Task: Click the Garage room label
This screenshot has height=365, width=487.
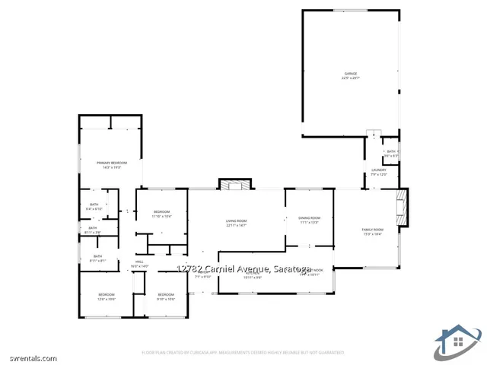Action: pyautogui.click(x=350, y=75)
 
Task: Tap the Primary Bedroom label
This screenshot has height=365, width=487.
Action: pyautogui.click(x=111, y=164)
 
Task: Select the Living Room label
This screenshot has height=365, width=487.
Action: pyautogui.click(x=236, y=223)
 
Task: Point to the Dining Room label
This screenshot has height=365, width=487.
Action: pyautogui.click(x=309, y=220)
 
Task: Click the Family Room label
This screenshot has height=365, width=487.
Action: pyautogui.click(x=372, y=231)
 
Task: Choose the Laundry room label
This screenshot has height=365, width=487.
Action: pyautogui.click(x=378, y=172)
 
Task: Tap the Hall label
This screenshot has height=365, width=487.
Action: pyautogui.click(x=139, y=263)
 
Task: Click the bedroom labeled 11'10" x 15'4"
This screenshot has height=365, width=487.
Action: pyautogui.click(x=161, y=214)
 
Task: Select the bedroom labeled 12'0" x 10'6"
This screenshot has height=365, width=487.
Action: pyautogui.click(x=106, y=296)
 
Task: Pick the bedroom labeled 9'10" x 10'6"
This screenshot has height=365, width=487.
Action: pyautogui.click(x=166, y=296)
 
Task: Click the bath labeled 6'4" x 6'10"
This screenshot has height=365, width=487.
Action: pyautogui.click(x=94, y=206)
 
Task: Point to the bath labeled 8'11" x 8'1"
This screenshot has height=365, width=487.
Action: pyautogui.click(x=97, y=258)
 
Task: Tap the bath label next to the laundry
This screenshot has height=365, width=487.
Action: pyautogui.click(x=390, y=153)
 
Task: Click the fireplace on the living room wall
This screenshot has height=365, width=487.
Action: pyautogui.click(x=235, y=185)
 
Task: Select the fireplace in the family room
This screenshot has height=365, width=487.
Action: pyautogui.click(x=403, y=208)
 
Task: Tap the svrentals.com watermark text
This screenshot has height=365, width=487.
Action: pyautogui.click(x=29, y=358)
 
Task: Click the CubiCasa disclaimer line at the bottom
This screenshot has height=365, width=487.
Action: pyautogui.click(x=243, y=352)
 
